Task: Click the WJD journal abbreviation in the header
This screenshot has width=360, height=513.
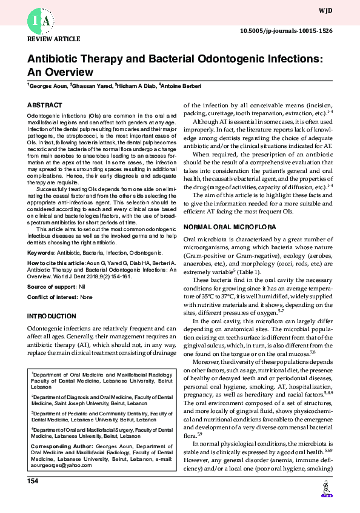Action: pos(325,10)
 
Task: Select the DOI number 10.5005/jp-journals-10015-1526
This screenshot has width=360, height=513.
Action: pos(286,30)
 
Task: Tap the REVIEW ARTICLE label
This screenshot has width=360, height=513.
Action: pos(54,39)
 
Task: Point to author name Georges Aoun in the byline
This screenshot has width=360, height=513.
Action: pos(47,86)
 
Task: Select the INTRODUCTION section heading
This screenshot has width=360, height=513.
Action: pos(52,317)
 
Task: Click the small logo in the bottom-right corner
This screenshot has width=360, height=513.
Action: pos(326,491)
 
